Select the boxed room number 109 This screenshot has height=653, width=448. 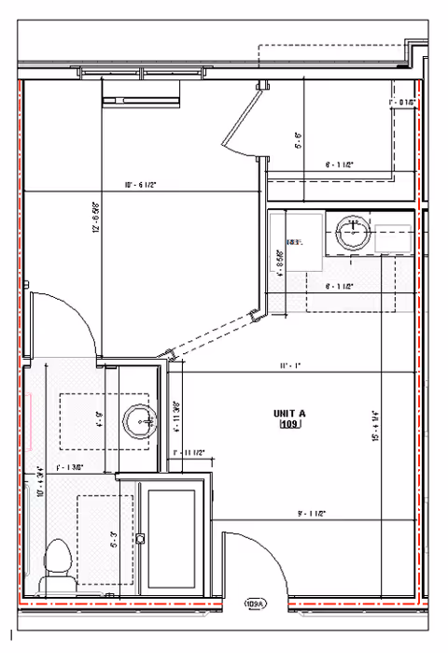[x=288, y=425]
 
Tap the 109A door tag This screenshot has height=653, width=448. [x=254, y=604]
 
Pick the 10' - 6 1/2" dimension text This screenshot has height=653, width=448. [x=140, y=185]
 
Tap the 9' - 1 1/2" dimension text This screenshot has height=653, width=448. [x=311, y=512]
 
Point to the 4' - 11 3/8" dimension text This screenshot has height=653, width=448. [x=175, y=417]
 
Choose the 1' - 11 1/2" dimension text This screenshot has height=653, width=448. [x=189, y=453]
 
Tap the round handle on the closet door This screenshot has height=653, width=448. [x=141, y=538]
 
